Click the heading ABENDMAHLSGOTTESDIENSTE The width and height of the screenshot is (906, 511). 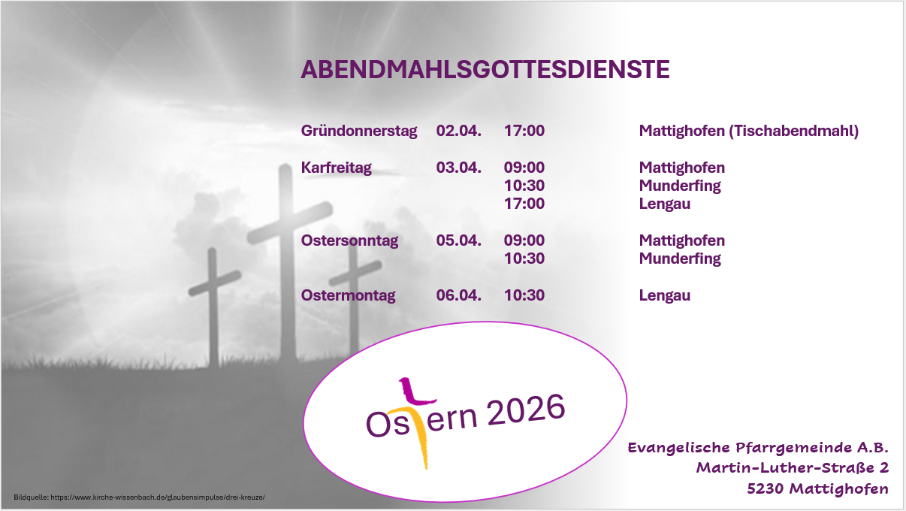tap(485, 70)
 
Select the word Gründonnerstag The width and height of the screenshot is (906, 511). tap(358, 131)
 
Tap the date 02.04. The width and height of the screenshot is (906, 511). tap(458, 131)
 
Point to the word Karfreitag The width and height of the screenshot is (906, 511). tap(336, 168)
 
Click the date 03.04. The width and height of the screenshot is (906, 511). tap(458, 168)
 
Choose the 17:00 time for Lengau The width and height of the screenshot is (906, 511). tap(524, 204)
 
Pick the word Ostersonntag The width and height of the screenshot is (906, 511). tap(349, 240)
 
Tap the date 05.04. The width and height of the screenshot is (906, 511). tap(458, 240)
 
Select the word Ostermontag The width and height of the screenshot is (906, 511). tap(348, 295)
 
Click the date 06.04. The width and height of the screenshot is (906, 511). tap(458, 295)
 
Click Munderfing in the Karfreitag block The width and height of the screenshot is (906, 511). tap(679, 186)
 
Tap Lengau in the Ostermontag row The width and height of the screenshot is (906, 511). tap(664, 295)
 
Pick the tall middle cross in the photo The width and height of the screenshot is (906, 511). tap(284, 255)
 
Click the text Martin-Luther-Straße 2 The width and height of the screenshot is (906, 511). tap(792, 468)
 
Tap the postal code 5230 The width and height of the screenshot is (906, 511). tap(766, 489)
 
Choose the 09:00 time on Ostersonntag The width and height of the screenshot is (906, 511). tap(524, 240)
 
